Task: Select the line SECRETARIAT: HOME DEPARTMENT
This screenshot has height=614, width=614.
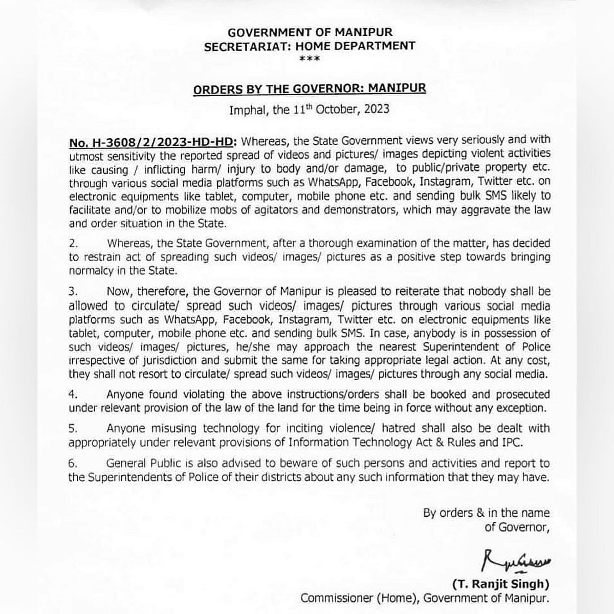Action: pos(309,46)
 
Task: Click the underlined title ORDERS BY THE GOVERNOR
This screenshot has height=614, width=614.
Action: pos(309,89)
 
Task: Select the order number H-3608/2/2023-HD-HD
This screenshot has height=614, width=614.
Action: pos(151,140)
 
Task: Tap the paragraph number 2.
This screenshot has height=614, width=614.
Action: pos(73,244)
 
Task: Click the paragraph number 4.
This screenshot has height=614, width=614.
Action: pos(73,394)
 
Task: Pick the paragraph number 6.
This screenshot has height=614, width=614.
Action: pos(73,464)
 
